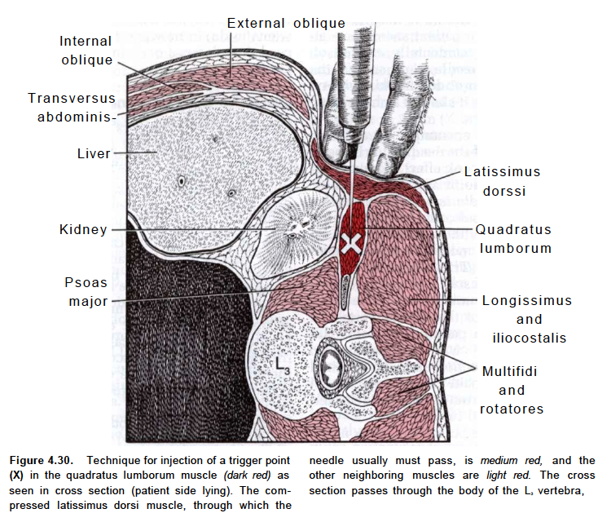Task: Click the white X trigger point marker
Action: click(352, 242)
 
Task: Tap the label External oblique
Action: click(286, 23)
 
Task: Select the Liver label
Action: click(94, 153)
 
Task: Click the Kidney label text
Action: click(83, 230)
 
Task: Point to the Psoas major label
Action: click(86, 292)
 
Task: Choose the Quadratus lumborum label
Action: click(514, 239)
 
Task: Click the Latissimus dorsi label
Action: click(503, 182)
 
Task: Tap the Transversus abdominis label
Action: click(72, 107)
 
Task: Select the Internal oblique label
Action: click(86, 51)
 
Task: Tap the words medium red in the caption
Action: click(503, 460)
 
